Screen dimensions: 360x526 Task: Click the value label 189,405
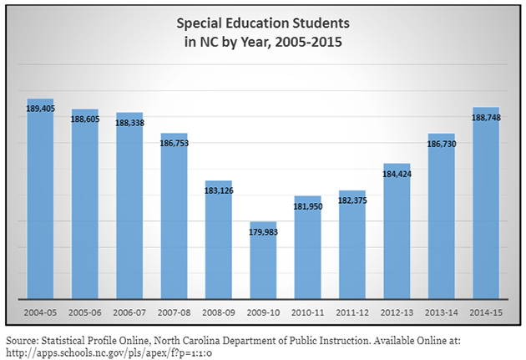40,109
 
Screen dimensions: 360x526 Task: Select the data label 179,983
264,233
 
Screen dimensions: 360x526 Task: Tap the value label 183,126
219,190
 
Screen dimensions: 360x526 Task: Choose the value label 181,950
308,205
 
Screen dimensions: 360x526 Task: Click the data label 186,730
442,145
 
